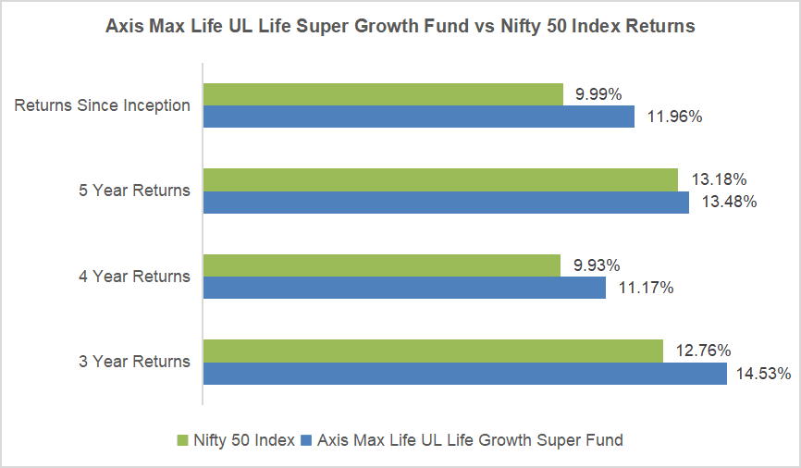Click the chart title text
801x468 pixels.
(400, 27)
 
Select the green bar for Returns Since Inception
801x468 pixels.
(383, 94)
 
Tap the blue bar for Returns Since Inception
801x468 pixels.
(418, 117)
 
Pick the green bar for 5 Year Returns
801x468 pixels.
(440, 179)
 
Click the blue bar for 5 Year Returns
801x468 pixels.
(446, 202)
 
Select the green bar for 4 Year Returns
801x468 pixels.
(381, 265)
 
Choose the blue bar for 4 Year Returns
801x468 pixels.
(404, 288)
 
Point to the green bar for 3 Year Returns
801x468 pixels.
(433, 351)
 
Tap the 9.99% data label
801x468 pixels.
(598, 94)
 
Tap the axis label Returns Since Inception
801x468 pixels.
(102, 105)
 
